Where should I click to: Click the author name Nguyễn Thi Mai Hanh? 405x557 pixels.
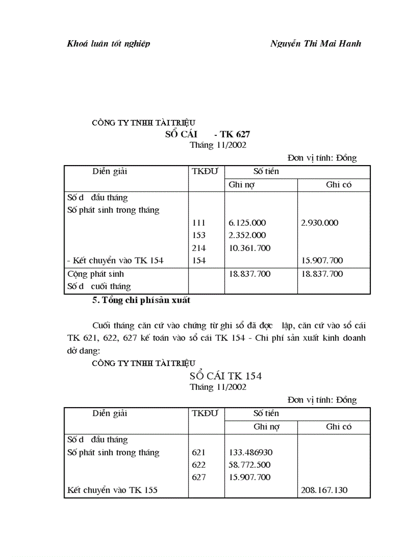(316, 44)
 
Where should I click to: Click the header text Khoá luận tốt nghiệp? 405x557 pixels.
(108, 44)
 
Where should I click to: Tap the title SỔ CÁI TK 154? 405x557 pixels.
(218, 376)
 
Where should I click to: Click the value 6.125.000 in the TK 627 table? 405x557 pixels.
(247, 223)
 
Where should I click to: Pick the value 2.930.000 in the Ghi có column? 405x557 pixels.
(320, 223)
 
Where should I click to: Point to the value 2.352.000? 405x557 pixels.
(247, 235)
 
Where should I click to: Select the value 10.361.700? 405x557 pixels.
(250, 248)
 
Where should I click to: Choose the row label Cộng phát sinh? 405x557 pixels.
(95, 274)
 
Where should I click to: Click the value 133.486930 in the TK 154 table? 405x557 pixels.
(251, 452)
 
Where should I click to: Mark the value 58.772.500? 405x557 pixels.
(250, 465)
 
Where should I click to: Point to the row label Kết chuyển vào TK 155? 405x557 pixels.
(112, 490)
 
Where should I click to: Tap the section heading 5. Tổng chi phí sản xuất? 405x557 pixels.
(141, 300)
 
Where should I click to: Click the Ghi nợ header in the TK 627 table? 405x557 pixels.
(241, 185)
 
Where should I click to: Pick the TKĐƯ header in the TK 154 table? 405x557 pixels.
(204, 413)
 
